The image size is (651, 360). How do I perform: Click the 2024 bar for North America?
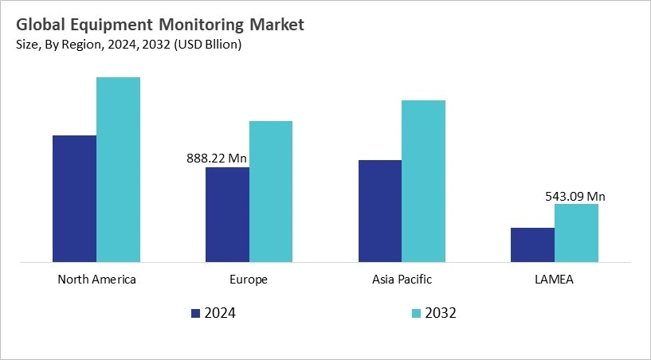[74, 198]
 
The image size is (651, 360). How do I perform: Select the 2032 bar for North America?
[118, 169]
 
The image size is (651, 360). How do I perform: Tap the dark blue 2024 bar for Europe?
[227, 214]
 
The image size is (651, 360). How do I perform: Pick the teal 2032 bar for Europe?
[271, 191]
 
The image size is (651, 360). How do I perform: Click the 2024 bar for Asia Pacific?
[380, 210]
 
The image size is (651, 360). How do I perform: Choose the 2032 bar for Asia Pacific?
[423, 181]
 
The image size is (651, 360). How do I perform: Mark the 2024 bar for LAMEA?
[532, 245]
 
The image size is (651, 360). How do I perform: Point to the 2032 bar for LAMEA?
[576, 233]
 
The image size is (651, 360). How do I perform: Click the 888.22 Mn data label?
[217, 158]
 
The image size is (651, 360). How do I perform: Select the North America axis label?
[96, 280]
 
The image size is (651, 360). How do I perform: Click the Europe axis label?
[249, 280]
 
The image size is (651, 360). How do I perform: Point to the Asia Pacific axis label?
[402, 280]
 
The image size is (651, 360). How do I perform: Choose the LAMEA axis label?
[555, 280]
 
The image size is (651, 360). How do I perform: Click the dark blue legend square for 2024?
[196, 314]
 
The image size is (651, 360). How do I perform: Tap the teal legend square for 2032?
[415, 314]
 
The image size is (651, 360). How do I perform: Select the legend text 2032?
[441, 314]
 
